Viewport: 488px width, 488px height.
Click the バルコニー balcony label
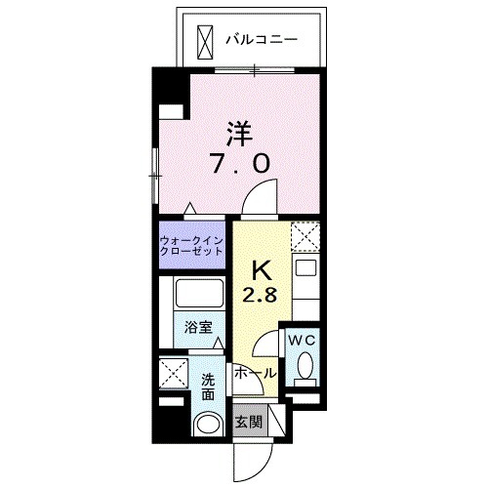[261, 41]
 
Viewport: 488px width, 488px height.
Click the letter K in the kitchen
[262, 269]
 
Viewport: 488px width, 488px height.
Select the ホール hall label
[255, 373]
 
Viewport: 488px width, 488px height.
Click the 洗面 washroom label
[209, 387]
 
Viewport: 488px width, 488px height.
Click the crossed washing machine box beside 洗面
[175, 374]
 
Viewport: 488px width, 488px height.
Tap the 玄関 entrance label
[248, 422]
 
